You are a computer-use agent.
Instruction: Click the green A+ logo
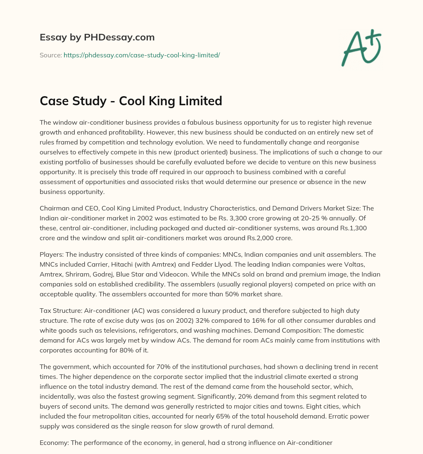coord(361,49)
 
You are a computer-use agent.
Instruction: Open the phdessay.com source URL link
coord(142,55)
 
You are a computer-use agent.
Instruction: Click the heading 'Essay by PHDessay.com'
coord(97,37)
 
